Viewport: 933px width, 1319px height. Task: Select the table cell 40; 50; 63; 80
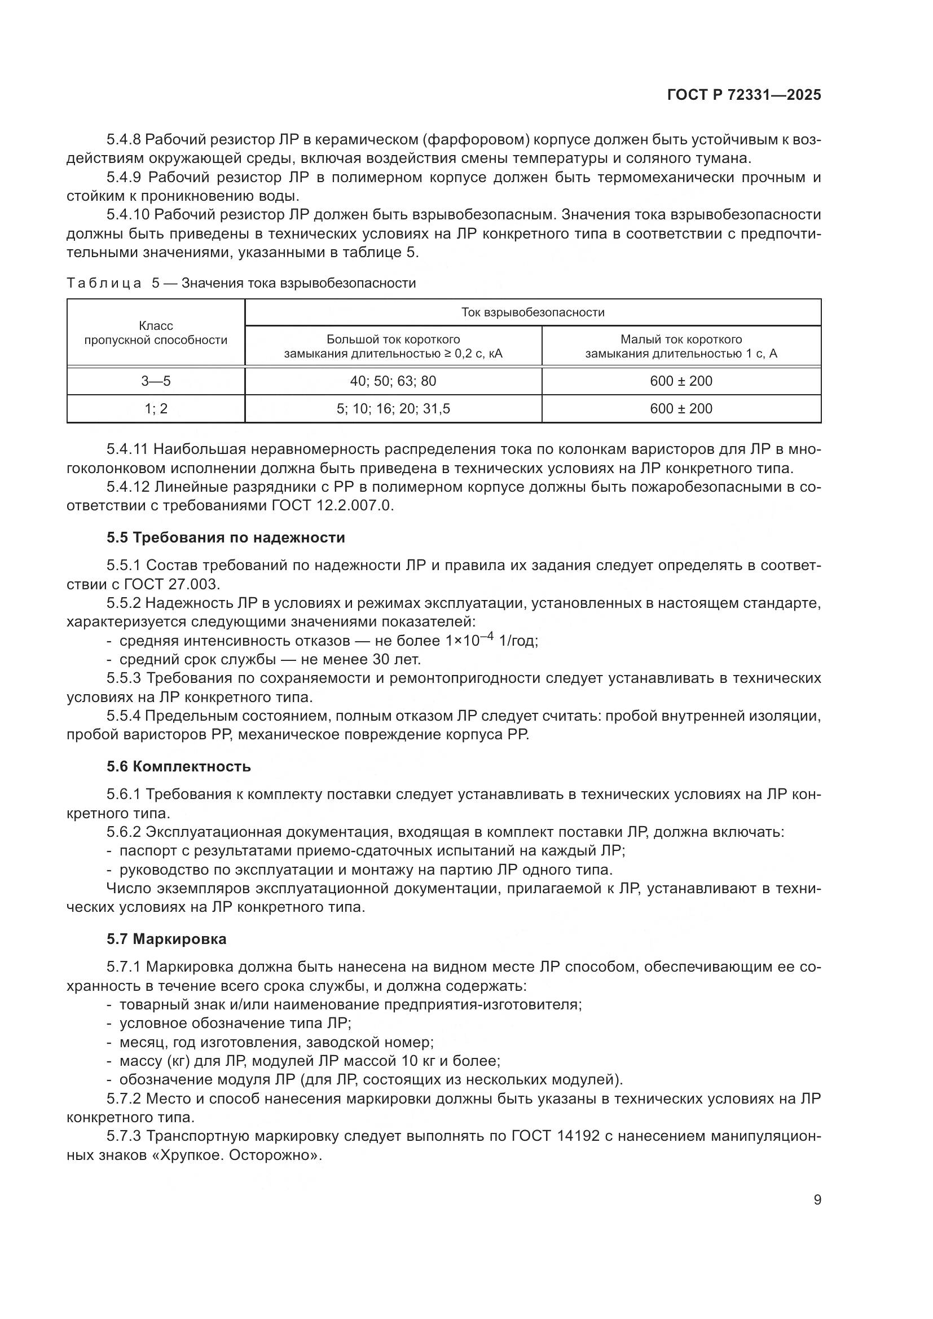click(393, 381)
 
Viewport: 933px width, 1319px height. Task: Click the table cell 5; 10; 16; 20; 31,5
click(393, 408)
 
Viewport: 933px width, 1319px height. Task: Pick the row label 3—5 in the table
click(156, 381)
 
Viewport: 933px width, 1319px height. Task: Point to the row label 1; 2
click(156, 408)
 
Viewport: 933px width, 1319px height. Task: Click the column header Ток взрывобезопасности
click(532, 312)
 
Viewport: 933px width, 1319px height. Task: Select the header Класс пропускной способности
click(156, 333)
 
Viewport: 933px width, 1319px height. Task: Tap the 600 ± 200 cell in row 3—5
click(681, 381)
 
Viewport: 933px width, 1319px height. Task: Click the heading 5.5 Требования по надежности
click(226, 538)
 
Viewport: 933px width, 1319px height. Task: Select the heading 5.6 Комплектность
click(179, 766)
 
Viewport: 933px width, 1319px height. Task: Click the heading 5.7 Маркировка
click(166, 939)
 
